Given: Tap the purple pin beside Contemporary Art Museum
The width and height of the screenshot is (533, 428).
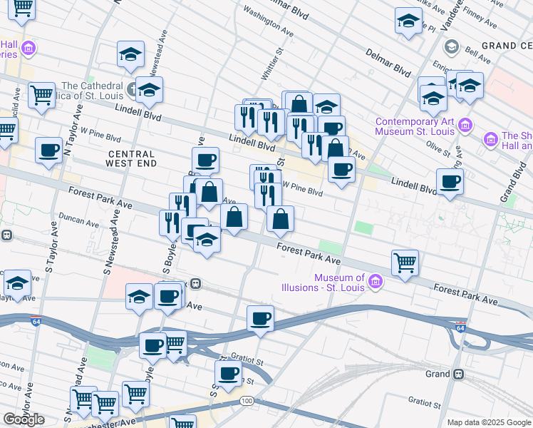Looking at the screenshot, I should point(465,126).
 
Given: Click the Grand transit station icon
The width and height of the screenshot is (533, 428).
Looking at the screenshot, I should point(459,374).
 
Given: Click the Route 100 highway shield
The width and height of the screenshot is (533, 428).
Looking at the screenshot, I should point(247,402).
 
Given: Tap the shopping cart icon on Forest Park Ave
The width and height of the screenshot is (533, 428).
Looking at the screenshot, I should point(405,263).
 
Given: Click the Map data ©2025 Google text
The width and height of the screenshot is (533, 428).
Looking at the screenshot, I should point(489,422).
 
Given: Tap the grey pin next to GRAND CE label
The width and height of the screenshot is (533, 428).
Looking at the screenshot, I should point(451,47).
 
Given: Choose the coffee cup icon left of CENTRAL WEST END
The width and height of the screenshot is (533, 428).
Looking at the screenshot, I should point(48,151).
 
